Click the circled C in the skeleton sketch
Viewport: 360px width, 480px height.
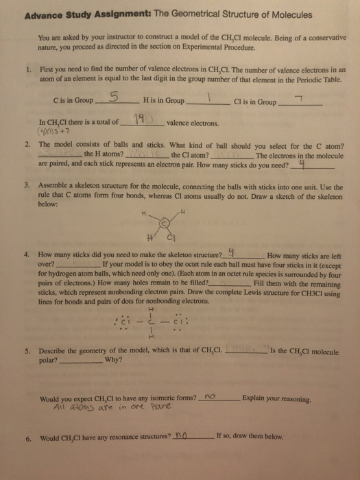[x=164, y=224]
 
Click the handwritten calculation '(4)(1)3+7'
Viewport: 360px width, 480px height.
[x=54, y=132]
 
